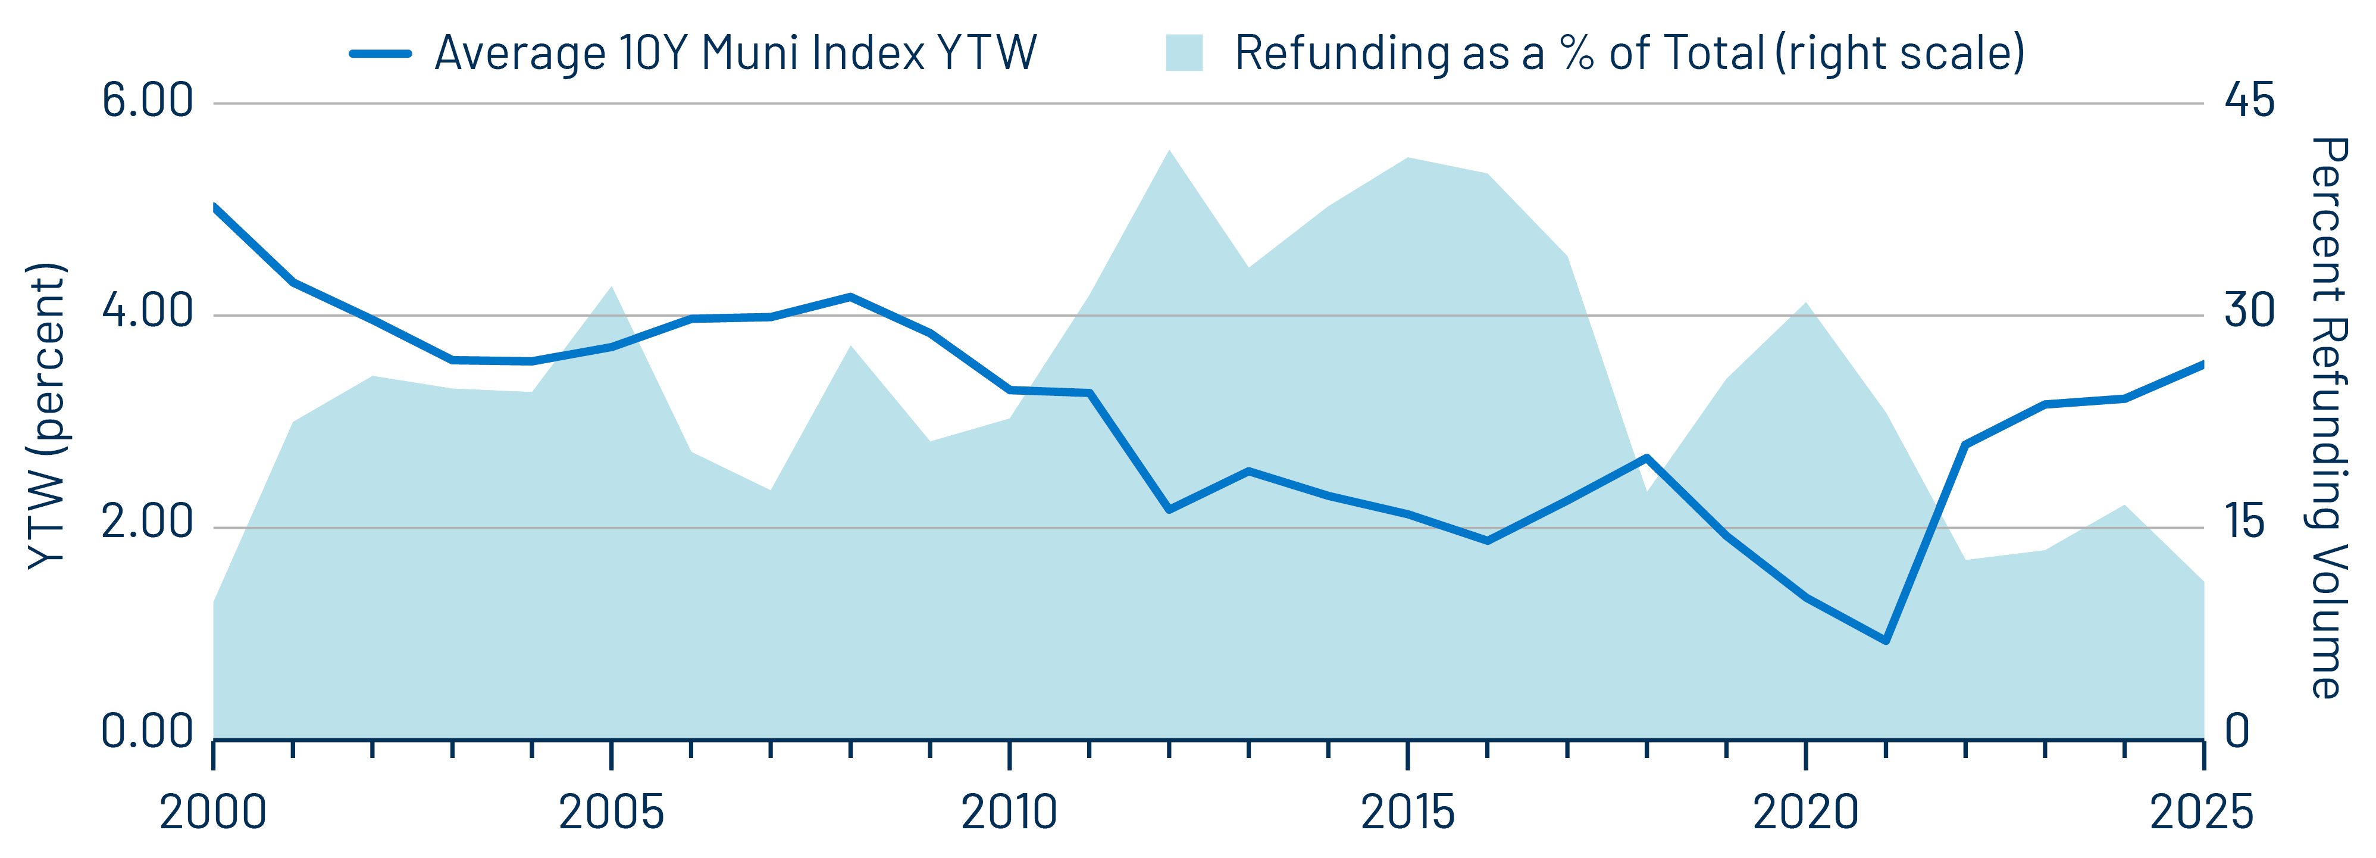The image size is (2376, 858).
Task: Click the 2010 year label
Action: click(x=1009, y=813)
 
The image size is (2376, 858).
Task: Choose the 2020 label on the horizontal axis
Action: click(x=1805, y=813)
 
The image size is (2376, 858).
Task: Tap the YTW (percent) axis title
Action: click(x=46, y=415)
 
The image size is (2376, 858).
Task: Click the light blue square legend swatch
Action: click(x=1184, y=54)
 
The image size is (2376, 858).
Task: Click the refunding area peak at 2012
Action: click(x=1169, y=151)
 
